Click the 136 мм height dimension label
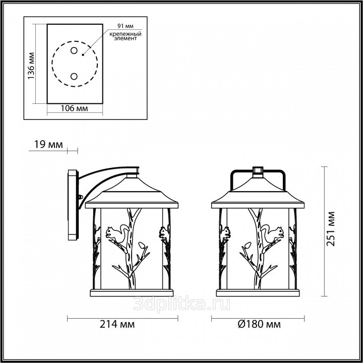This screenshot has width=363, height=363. coord(31,66)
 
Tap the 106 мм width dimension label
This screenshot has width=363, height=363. coord(74,108)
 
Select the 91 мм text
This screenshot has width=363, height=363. coord(126,26)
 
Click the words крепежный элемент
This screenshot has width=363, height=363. coord(125,36)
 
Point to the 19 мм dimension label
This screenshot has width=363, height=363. coord(48,145)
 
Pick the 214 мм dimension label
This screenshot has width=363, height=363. coord(117,324)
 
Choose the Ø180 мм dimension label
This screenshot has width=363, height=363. coord(259,324)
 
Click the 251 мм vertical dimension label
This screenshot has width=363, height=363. coord(330,229)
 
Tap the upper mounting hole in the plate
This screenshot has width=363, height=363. coord(74,50)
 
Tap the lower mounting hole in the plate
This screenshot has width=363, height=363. coord(74,76)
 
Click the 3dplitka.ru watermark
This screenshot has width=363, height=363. coord(181,304)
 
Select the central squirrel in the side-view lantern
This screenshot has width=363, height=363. coord(116,233)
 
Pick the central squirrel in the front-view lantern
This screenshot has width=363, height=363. coord(273,233)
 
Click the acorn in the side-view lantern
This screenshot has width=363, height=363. coord(142,246)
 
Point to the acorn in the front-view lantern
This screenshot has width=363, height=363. coord(248,246)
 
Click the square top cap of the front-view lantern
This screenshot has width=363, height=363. coord(258,170)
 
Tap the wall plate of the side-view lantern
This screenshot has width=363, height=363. coord(73,205)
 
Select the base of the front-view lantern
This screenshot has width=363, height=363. coord(258,292)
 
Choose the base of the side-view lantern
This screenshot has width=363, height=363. coord(132,292)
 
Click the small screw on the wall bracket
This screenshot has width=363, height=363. coord(81,197)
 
